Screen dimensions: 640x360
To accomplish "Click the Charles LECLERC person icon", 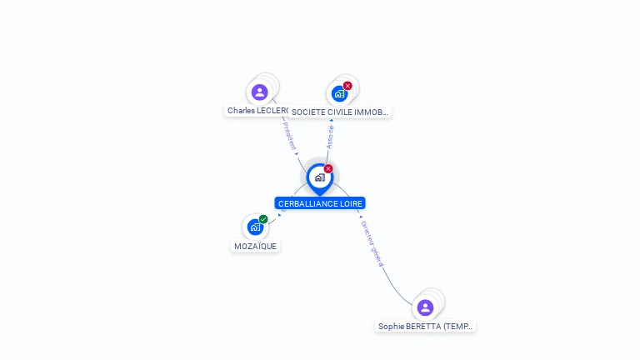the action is [x=259, y=92].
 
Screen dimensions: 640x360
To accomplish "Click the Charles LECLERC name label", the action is [x=257, y=111].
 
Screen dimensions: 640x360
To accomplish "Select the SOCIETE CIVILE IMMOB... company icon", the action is [x=339, y=93].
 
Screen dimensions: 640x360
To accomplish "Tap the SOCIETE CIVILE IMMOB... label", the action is [x=339, y=112].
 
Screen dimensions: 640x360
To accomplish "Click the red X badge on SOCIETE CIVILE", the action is [x=347, y=86].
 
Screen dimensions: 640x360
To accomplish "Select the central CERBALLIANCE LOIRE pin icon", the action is [x=320, y=177].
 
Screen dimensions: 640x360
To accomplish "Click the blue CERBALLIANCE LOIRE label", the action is [x=320, y=203].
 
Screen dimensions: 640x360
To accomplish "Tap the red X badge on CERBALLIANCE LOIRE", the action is [x=328, y=169].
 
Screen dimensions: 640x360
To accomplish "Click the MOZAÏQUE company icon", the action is [x=255, y=227].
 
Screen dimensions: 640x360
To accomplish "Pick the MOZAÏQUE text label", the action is [x=255, y=246].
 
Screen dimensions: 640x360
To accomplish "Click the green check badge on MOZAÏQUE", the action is [x=263, y=219].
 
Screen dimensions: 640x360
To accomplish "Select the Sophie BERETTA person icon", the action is [x=425, y=307].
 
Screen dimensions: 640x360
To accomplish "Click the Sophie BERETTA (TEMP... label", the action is [x=426, y=327].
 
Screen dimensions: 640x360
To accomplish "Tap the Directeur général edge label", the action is [x=372, y=242].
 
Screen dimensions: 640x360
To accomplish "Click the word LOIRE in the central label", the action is [x=350, y=203].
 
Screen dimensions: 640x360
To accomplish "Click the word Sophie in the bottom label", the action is [x=391, y=327].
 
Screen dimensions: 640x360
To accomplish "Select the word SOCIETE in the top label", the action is [x=307, y=112].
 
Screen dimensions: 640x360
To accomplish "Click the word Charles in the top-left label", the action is [x=241, y=111].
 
